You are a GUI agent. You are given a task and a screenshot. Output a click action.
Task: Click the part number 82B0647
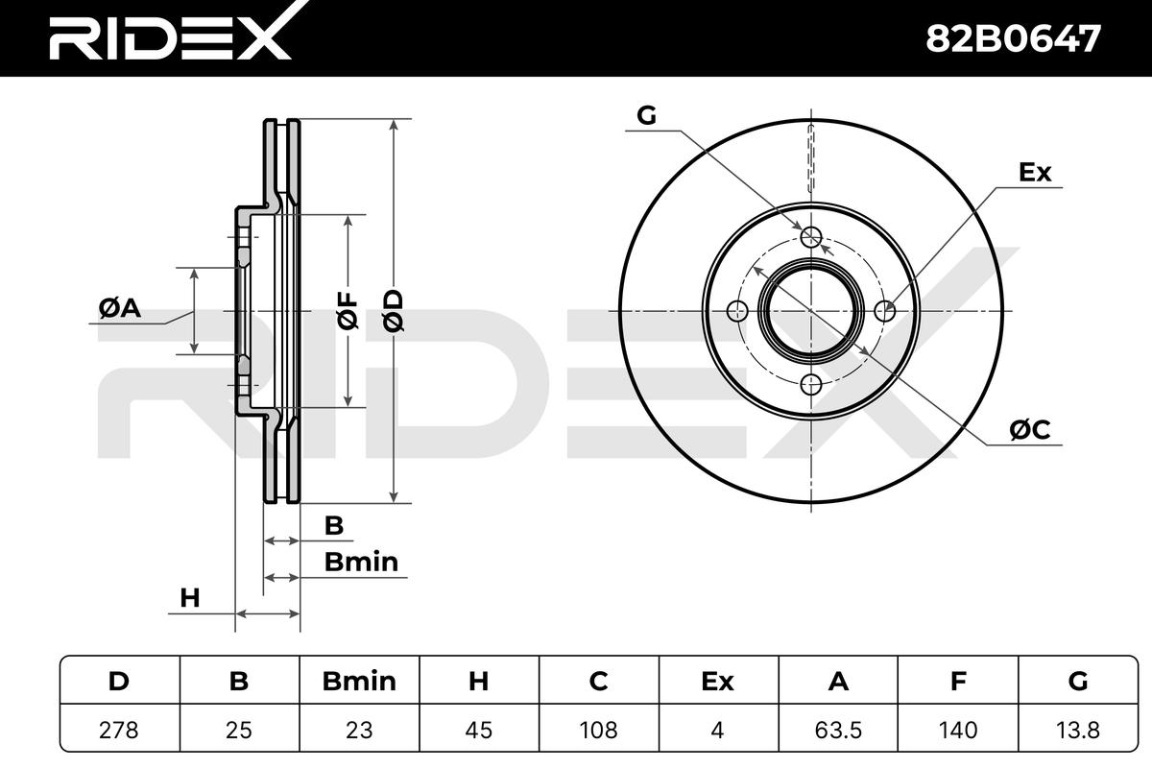(x=1012, y=38)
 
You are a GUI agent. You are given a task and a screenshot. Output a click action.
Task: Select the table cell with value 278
(x=119, y=730)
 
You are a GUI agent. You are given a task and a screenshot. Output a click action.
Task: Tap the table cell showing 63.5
(x=838, y=730)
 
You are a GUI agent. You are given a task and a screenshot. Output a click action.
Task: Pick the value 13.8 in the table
(x=1078, y=730)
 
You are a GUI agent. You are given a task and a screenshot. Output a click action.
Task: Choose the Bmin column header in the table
(x=358, y=682)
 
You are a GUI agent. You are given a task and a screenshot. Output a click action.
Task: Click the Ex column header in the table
(x=717, y=682)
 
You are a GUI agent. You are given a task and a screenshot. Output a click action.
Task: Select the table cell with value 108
(x=598, y=730)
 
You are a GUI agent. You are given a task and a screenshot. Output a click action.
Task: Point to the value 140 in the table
(x=958, y=730)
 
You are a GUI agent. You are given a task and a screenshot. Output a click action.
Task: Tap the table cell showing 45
(x=478, y=730)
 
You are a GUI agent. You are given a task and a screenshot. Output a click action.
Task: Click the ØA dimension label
(x=120, y=308)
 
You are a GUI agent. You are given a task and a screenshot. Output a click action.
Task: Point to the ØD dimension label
(x=394, y=310)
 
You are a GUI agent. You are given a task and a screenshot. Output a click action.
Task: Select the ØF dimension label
(x=347, y=310)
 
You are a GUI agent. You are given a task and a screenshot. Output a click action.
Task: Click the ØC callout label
(x=1030, y=431)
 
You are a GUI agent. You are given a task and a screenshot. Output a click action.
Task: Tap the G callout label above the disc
(x=646, y=116)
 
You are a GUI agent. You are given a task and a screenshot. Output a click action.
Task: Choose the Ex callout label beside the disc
(x=1035, y=173)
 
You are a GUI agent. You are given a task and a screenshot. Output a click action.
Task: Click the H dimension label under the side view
(x=190, y=598)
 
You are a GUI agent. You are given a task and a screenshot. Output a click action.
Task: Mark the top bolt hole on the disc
(x=811, y=237)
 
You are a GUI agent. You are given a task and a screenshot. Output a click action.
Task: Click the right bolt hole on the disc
(x=886, y=311)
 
